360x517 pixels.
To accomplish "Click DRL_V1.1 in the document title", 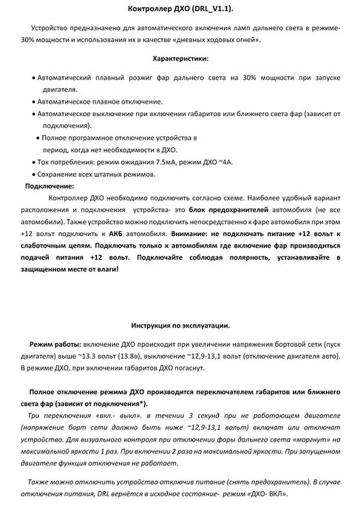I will pos(211,8).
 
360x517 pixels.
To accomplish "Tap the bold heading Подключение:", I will pos(50,186).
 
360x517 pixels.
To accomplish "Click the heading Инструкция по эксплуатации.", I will pos(180,325).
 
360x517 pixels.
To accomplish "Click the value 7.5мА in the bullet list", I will pos(168,161).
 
